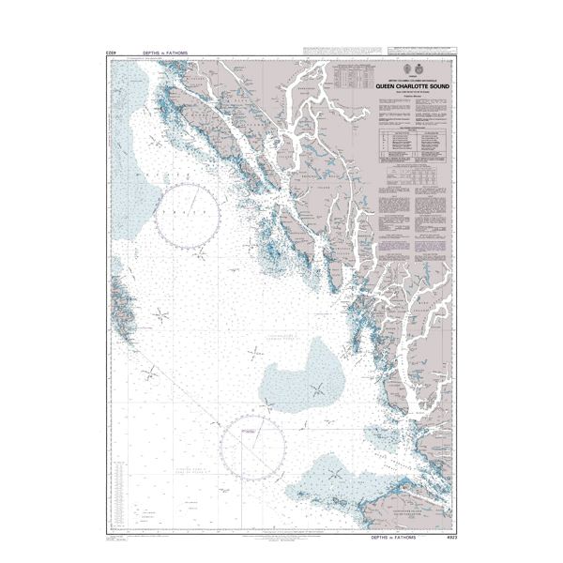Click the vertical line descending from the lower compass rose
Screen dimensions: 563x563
tap(245, 488)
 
